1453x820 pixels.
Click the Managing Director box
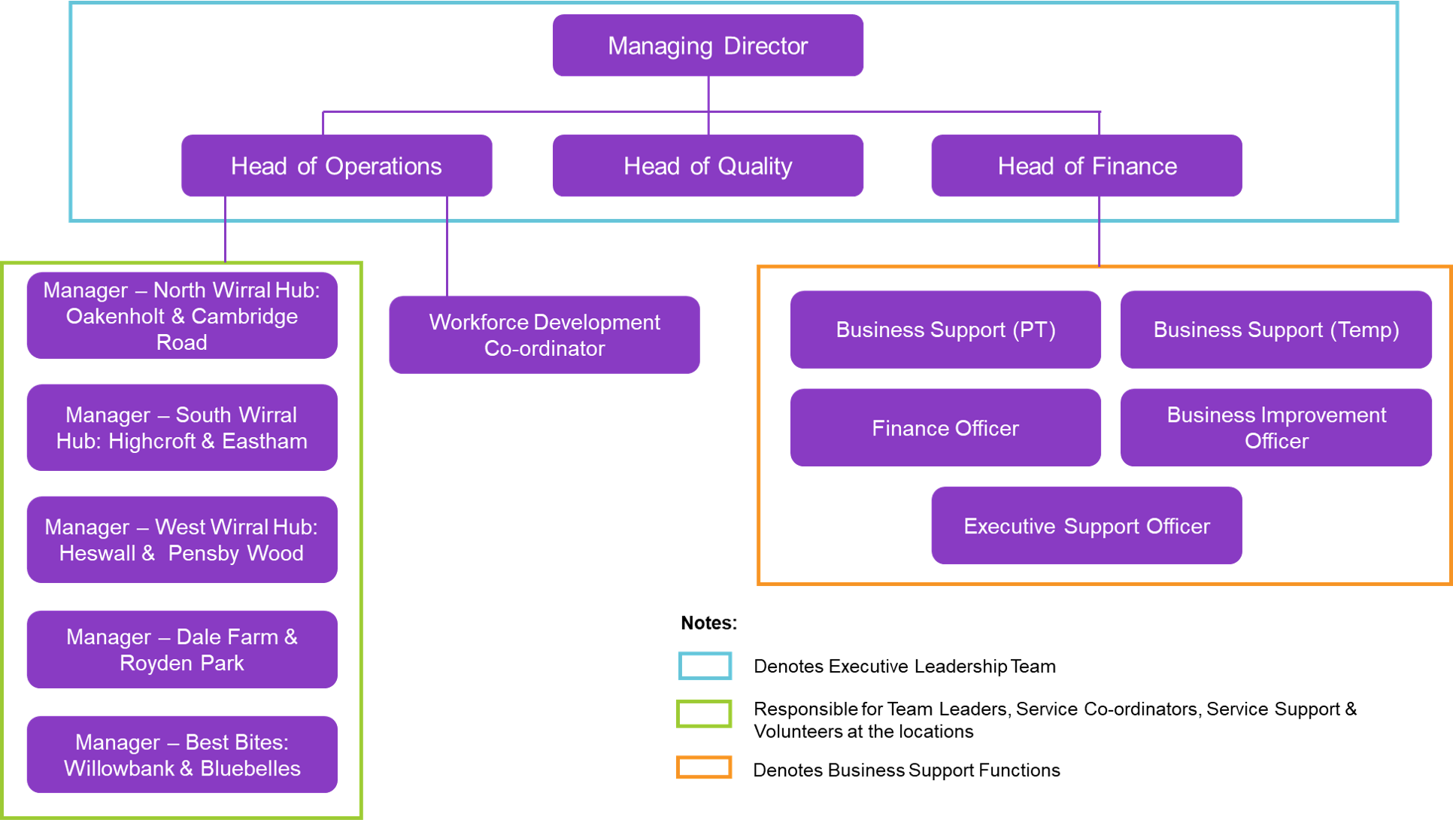[708, 45]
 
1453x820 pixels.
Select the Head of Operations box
[336, 166]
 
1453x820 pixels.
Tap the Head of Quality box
[708, 166]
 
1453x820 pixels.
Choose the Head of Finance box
[1086, 166]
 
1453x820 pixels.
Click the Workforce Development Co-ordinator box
[544, 335]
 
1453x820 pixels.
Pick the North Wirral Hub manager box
[181, 315]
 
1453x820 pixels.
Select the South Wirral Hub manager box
[181, 427]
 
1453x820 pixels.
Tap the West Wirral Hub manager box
[181, 539]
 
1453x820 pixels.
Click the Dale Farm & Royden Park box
[181, 649]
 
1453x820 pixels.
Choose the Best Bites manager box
[181, 755]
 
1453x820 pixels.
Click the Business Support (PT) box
[945, 330]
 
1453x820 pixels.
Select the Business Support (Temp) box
[1276, 330]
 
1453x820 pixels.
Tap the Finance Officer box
[945, 427]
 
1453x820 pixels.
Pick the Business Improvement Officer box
[1276, 427]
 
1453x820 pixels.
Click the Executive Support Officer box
[1086, 525]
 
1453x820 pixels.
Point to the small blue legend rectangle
[705, 666]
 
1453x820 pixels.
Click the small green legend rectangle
[704, 713]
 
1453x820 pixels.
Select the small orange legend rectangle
[704, 767]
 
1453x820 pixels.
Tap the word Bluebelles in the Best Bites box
[250, 768]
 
